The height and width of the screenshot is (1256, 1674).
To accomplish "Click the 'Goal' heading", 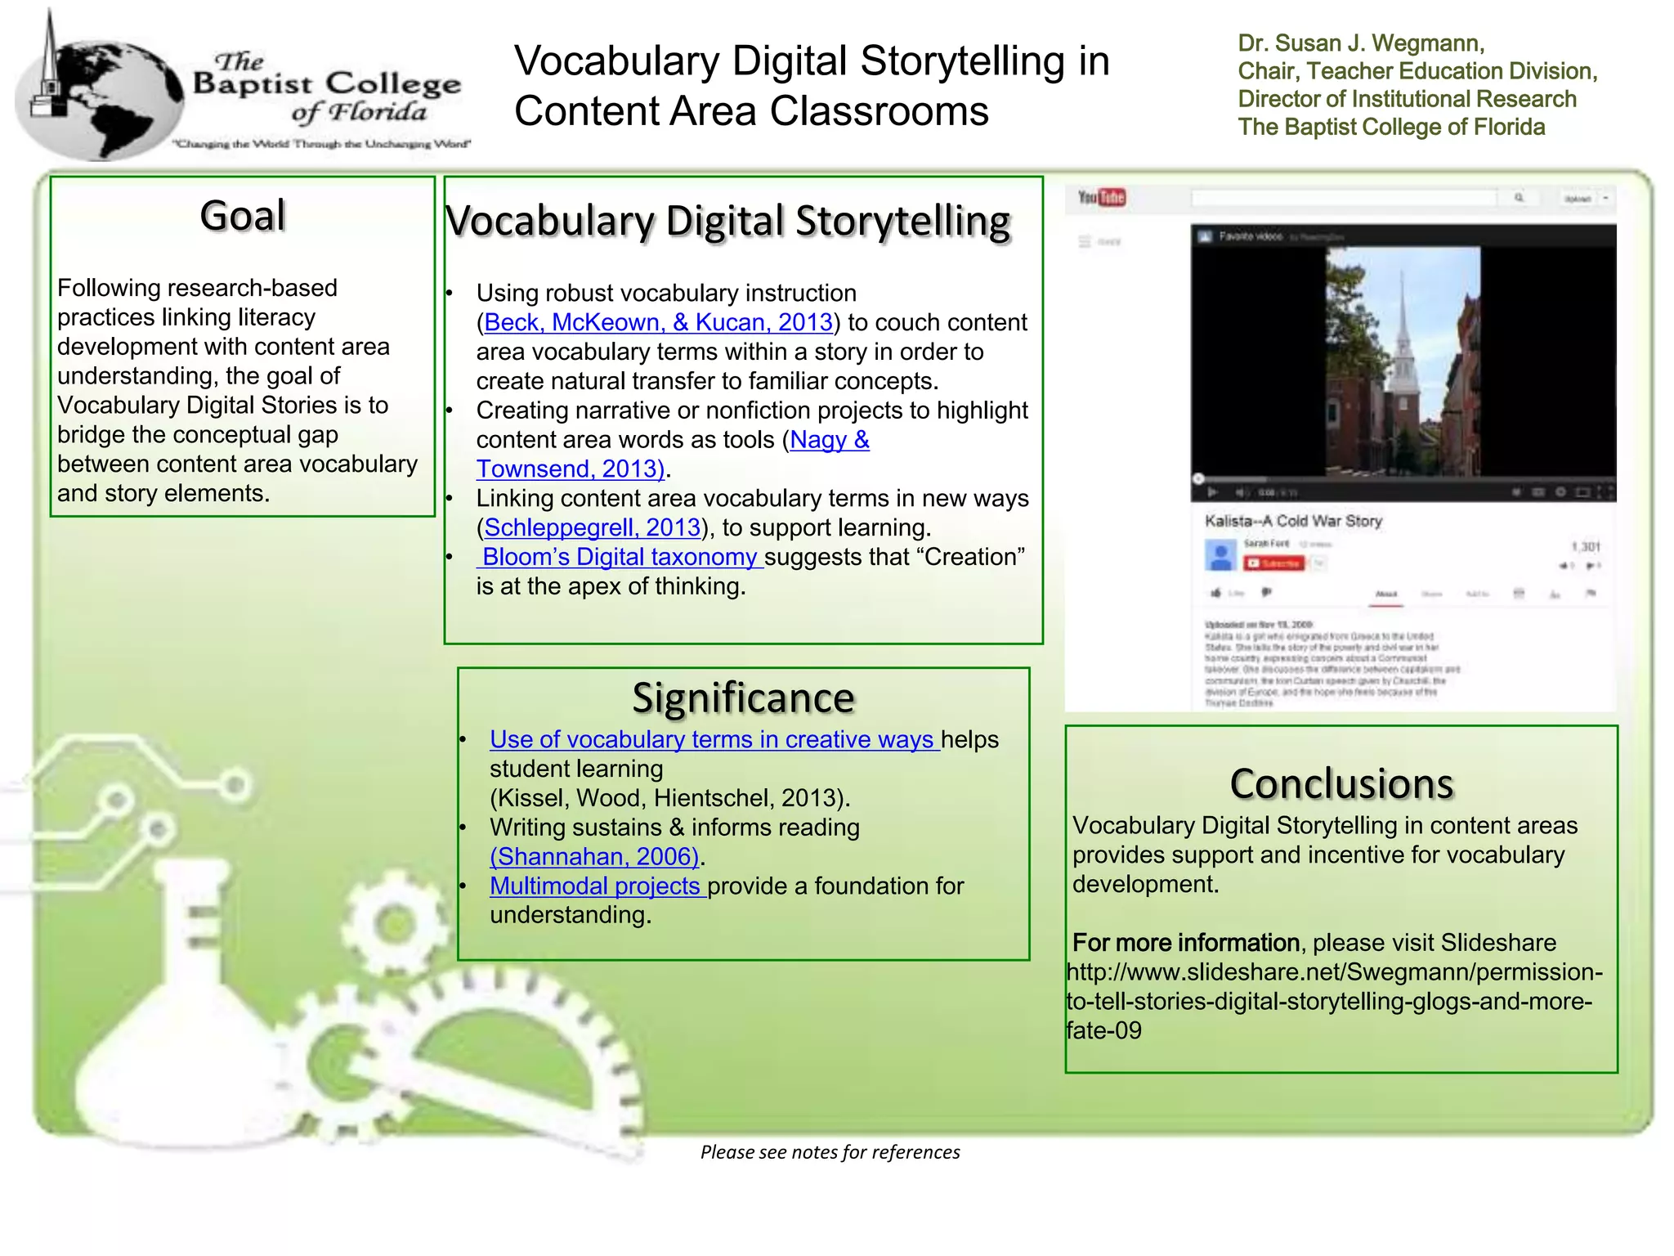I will (243, 216).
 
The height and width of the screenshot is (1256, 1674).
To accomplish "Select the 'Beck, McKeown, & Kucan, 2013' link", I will (658, 323).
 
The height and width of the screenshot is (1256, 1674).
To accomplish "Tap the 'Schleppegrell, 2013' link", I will (593, 528).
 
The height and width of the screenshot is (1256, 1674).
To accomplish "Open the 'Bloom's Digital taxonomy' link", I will (620, 558).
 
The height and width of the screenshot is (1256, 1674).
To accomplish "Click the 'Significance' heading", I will (743, 698).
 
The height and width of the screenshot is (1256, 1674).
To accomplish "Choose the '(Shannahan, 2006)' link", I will (594, 857).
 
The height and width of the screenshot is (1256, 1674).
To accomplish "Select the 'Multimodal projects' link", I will (596, 886).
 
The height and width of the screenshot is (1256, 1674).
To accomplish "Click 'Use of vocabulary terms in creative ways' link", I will (713, 740).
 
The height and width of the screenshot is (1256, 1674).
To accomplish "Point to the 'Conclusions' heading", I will (1341, 783).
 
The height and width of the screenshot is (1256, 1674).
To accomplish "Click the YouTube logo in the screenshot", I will (1101, 197).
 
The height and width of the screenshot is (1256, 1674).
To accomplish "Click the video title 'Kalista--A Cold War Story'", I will (1292, 521).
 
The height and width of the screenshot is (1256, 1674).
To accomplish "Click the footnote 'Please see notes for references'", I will (830, 1152).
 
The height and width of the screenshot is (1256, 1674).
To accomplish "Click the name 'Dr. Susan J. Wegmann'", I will (1360, 43).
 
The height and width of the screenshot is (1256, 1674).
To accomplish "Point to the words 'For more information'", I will (1185, 943).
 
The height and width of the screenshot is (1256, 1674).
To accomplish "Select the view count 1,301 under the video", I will (1585, 546).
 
